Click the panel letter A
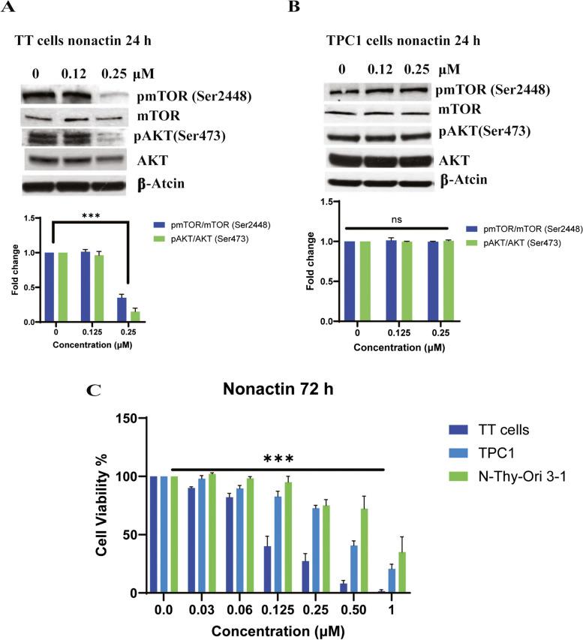[8, 9]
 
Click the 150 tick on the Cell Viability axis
[133, 418]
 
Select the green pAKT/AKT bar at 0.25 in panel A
[135, 316]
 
